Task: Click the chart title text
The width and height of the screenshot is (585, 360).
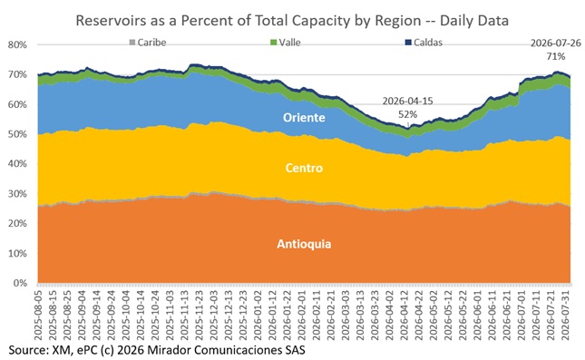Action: [x=292, y=21]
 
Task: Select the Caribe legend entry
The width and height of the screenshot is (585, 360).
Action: [x=148, y=43]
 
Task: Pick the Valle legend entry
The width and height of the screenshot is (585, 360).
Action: [x=286, y=43]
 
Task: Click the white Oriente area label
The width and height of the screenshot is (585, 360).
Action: [x=304, y=118]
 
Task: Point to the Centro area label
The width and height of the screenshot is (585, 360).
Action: [x=304, y=168]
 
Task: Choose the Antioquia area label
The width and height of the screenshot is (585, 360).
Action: [x=304, y=244]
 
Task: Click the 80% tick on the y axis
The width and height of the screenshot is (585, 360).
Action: [x=17, y=44]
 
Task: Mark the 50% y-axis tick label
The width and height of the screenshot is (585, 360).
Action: [x=17, y=134]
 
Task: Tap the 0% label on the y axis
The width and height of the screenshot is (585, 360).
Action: [x=20, y=283]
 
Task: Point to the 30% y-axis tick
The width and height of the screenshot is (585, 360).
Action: [x=17, y=194]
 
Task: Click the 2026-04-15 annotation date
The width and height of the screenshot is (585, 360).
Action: [x=408, y=102]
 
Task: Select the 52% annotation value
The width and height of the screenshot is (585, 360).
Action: [x=408, y=114]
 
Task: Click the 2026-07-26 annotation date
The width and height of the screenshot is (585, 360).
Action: [x=556, y=44]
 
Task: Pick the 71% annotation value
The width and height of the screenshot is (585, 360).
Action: [x=556, y=56]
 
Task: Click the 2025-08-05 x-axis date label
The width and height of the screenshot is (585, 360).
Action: [x=38, y=313]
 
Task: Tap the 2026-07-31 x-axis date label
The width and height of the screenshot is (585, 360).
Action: [x=566, y=313]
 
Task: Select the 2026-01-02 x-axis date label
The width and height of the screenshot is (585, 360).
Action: [x=258, y=313]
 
